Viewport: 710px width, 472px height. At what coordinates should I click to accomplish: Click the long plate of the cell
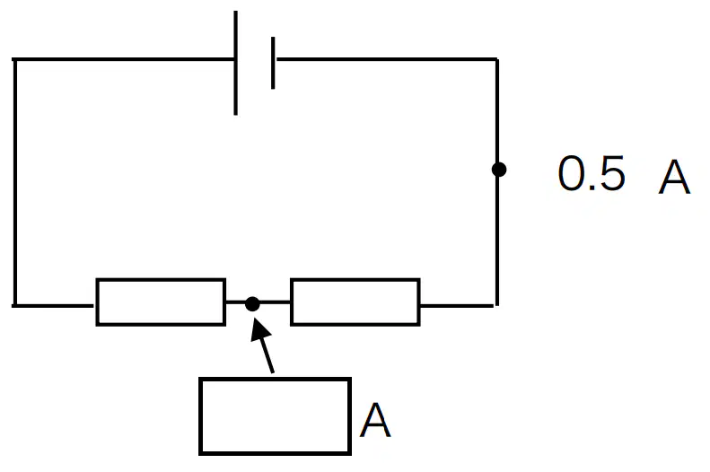pos(235,63)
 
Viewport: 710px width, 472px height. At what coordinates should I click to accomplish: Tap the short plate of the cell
pos(273,63)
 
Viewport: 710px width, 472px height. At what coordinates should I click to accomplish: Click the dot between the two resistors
pos(252,304)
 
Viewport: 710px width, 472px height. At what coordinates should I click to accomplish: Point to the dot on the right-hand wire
pos(498,170)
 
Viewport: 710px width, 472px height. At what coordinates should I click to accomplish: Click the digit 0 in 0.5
pos(572,172)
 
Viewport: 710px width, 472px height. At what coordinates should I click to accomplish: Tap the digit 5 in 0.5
pos(611,172)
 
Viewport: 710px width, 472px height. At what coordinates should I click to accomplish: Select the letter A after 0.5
pos(674,177)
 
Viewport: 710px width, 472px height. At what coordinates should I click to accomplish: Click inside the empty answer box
pos(276,415)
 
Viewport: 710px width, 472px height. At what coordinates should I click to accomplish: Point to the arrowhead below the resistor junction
pos(259,328)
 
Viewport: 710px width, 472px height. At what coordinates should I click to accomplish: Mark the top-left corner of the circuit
pos(15,59)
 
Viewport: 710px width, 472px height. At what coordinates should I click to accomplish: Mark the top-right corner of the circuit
pos(496,59)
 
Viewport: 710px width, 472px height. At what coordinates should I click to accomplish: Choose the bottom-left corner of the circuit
pos(15,306)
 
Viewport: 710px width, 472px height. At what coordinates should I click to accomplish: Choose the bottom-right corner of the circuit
pos(496,306)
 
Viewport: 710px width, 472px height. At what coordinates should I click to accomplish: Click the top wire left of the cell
pos(123,59)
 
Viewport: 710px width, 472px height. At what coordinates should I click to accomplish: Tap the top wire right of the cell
pos(387,59)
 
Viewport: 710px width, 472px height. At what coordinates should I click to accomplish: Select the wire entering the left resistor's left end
pos(55,306)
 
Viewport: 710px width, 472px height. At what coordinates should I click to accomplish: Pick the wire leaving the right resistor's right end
pos(458,306)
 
